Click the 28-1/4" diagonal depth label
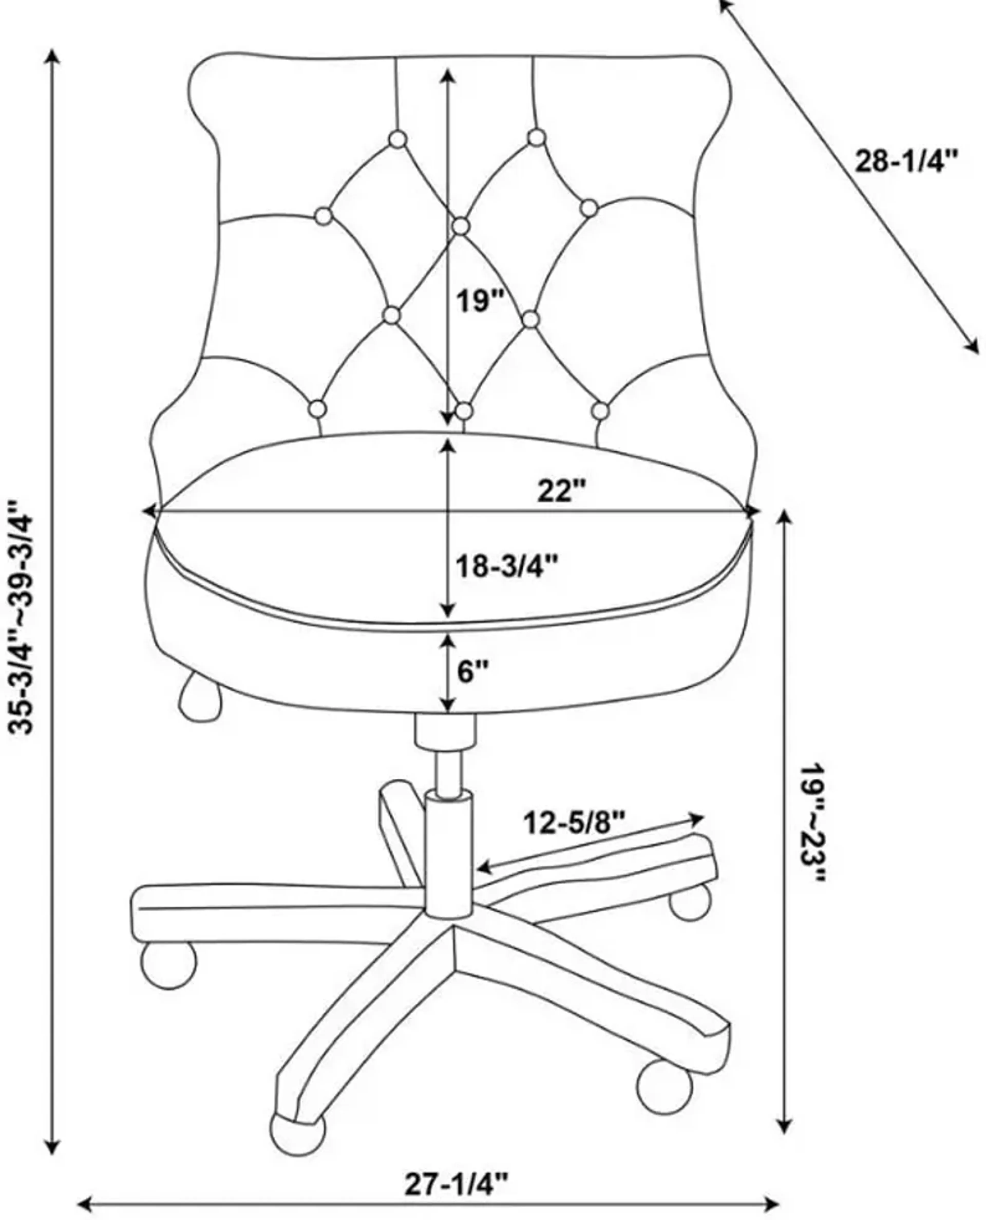point(906,162)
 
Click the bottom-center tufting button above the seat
point(464,410)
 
